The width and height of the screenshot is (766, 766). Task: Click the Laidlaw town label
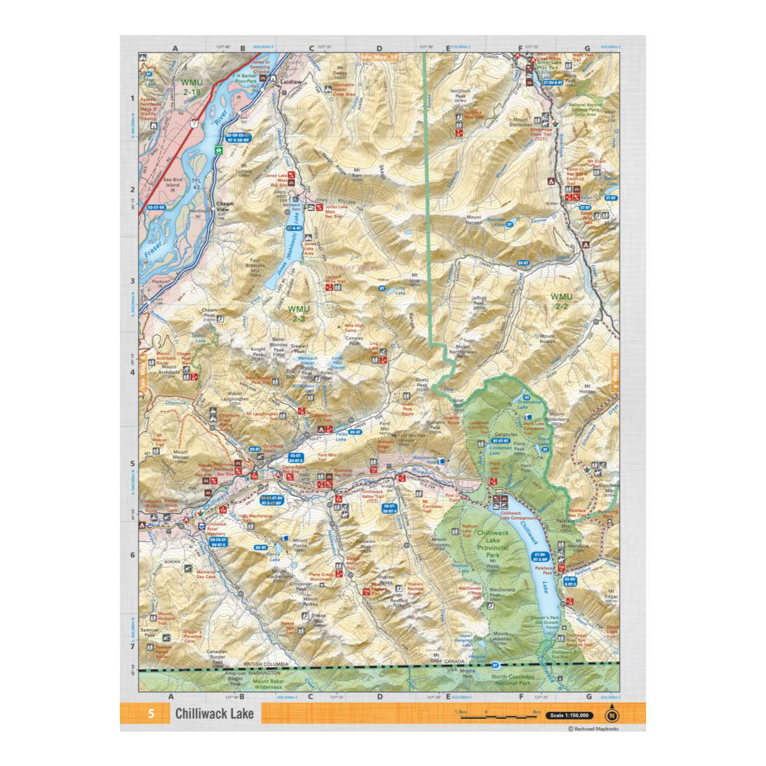[x=290, y=81]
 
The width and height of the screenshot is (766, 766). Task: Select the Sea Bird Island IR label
[x=175, y=183]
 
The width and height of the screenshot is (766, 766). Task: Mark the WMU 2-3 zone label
[x=298, y=312]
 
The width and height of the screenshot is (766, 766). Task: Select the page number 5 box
[x=150, y=714]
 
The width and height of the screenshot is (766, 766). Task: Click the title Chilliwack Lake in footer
[x=215, y=714]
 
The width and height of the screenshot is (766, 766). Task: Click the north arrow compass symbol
[x=612, y=715]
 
